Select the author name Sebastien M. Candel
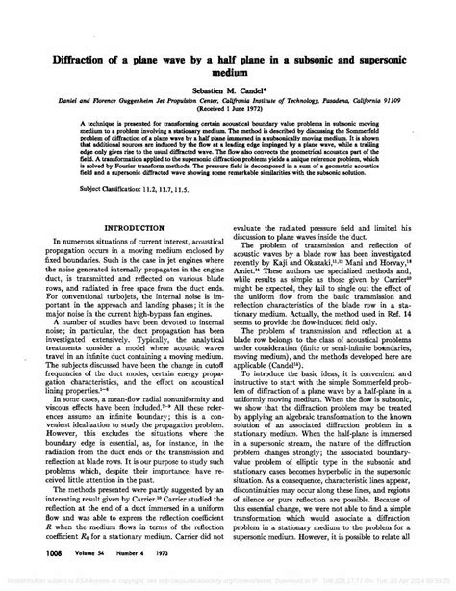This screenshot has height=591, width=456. [228, 87]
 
